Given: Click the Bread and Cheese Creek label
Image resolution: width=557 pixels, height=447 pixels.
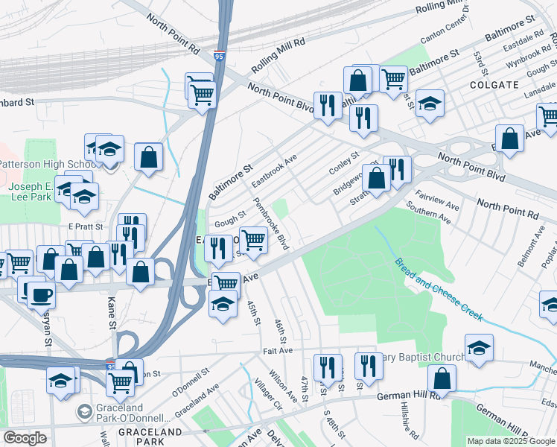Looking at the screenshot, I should coord(439,291).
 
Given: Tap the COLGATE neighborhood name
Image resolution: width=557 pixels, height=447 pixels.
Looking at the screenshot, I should coord(494,85).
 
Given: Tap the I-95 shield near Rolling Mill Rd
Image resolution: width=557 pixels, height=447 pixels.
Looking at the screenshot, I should coord(218,56).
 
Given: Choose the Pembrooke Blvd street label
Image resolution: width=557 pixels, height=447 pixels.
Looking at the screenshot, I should coord(271,223).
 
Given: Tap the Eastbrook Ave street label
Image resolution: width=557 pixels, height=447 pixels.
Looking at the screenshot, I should coord(274,171).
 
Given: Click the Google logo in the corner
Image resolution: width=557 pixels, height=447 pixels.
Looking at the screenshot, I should coord(25,438).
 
